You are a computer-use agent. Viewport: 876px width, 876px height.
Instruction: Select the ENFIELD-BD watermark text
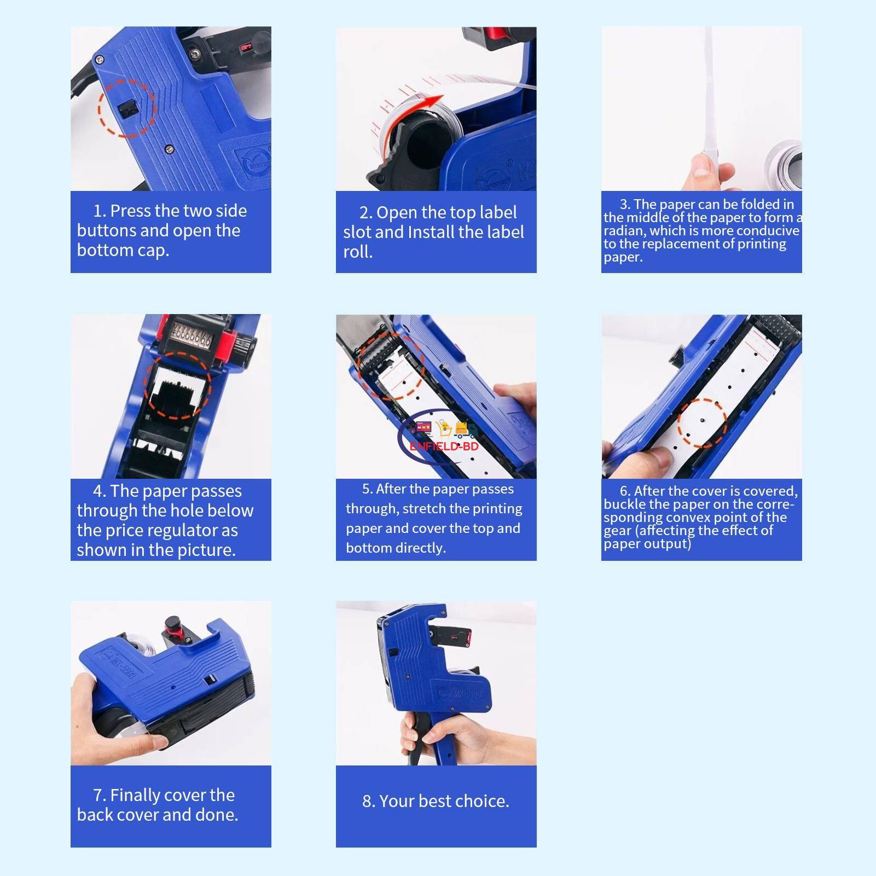coord(444,446)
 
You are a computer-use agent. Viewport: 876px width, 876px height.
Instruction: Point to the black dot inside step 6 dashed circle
coord(702,421)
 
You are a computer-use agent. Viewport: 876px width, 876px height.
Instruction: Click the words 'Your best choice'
coord(444,801)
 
